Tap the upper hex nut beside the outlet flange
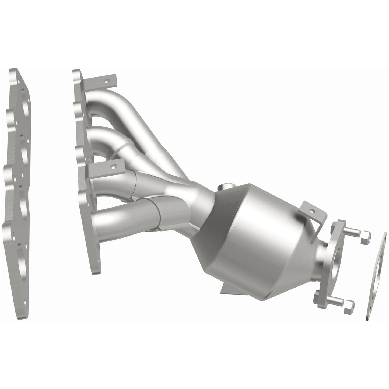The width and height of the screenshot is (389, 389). pos(366,234)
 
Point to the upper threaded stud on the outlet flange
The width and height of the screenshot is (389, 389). pos(353,231)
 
